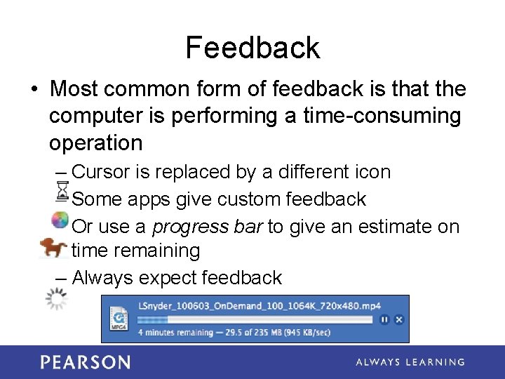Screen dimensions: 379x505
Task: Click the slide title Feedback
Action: point(252,48)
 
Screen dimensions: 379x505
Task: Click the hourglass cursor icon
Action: point(62,192)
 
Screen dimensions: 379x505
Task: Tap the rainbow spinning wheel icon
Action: point(61,220)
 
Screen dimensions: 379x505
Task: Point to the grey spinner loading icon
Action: point(56,300)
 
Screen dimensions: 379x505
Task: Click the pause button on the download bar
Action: point(384,319)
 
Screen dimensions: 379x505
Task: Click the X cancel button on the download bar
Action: point(398,319)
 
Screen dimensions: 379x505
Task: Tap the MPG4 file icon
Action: point(117,318)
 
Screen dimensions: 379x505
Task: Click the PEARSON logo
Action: point(85,362)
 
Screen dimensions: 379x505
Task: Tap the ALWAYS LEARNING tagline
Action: point(410,362)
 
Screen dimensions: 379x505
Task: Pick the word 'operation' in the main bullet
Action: point(95,143)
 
